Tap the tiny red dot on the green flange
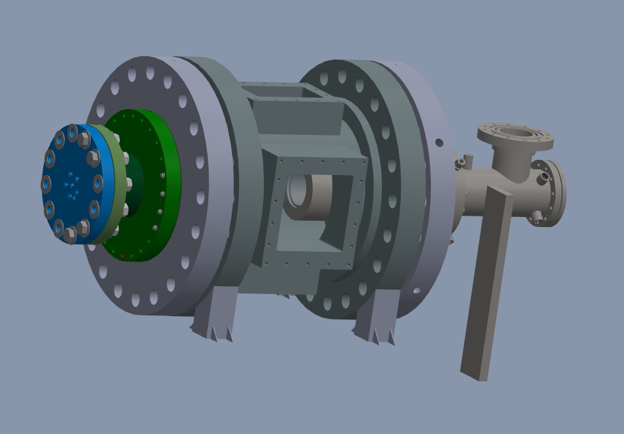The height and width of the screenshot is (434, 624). [122, 255]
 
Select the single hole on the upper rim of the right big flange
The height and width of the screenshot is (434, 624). [439, 142]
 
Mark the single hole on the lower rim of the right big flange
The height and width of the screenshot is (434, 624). [417, 291]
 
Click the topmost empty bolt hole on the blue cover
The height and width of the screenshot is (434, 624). [72, 132]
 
